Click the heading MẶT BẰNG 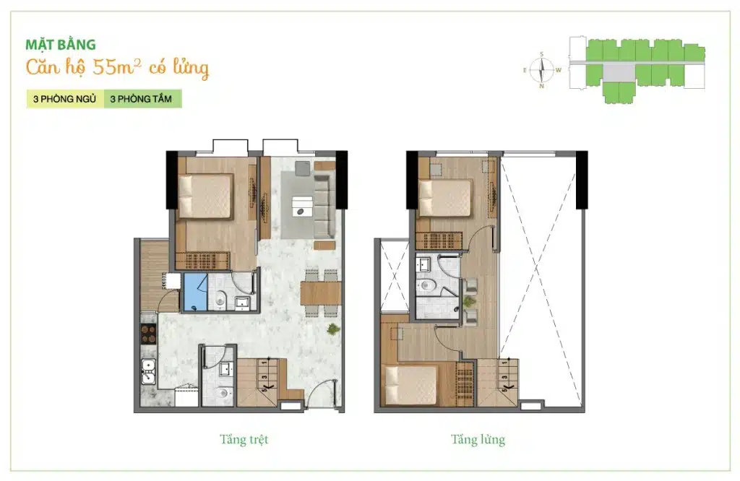pos(61,45)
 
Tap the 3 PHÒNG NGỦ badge pos(64,99)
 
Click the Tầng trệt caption pos(244,440)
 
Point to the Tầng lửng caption pos(478,440)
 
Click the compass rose pos(541,70)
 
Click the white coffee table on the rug pos(302,206)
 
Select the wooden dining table pos(321,292)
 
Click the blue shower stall pos(195,292)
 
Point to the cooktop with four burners pos(149,334)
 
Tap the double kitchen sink pos(149,372)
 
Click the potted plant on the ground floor pos(334,329)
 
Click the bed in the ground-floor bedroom pos(205,196)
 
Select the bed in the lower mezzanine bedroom pos(410,385)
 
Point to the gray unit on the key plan pos(619,73)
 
